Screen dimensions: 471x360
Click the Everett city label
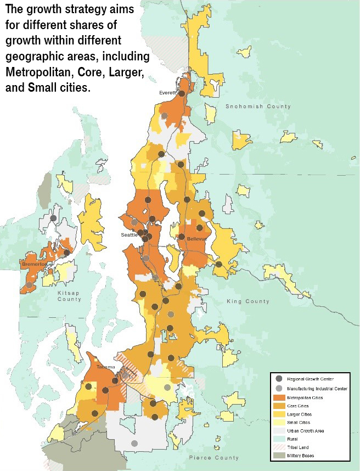(167, 93)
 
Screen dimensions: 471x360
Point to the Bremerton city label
(34, 264)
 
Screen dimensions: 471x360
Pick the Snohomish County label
(250, 106)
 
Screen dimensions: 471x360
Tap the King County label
(248, 301)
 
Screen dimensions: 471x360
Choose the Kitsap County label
(69, 296)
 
